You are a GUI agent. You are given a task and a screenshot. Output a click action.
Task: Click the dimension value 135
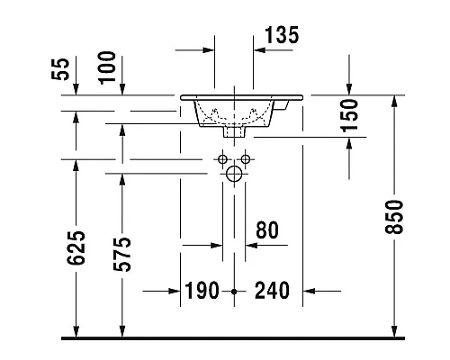pyautogui.click(x=282, y=35)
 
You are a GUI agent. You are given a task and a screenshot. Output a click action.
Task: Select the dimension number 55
pyautogui.click(x=60, y=69)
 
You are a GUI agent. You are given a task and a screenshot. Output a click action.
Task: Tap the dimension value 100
pyautogui.click(x=107, y=67)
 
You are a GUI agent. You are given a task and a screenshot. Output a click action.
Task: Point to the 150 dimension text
pyautogui.click(x=349, y=115)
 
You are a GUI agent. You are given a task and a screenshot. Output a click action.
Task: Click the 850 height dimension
pyautogui.click(x=393, y=217)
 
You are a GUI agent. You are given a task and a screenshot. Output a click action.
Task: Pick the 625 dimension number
pyautogui.click(x=76, y=248)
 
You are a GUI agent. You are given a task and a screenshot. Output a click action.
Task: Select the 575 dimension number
pyautogui.click(x=122, y=255)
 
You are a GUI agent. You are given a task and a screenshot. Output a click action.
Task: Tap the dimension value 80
pyautogui.click(x=267, y=230)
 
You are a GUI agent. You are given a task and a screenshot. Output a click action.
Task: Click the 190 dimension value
pyautogui.click(x=202, y=291)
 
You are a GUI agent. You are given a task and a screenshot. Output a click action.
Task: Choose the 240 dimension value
pyautogui.click(x=272, y=291)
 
